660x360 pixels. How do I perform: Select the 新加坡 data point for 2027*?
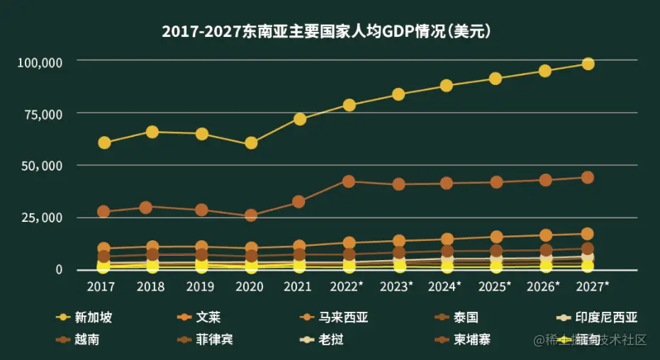point(588,64)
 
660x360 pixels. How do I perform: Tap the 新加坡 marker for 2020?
point(251,143)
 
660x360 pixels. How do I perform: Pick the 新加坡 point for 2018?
point(152,132)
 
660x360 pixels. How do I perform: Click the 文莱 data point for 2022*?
point(349,181)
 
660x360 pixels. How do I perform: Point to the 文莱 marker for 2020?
point(251,215)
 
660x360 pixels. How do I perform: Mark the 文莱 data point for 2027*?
point(588,178)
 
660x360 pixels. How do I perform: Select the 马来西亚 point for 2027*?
point(588,234)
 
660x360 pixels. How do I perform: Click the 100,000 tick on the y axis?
point(40,62)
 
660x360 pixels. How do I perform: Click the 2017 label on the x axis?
point(101,286)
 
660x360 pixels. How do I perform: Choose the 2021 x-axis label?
point(298,286)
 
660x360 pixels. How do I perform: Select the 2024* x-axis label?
point(444,286)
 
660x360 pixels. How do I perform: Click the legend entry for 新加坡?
point(84,318)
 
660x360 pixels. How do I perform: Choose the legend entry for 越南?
point(78,339)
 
